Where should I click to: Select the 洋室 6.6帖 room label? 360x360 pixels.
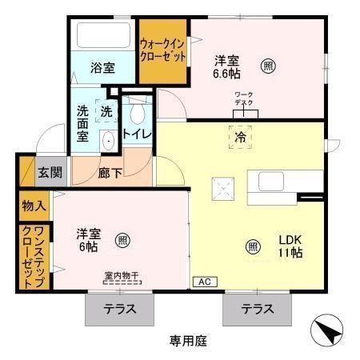click(226, 66)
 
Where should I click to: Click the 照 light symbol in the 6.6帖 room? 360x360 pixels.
click(268, 65)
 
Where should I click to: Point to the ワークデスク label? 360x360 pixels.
click(244, 99)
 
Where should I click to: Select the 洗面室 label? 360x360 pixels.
click(82, 124)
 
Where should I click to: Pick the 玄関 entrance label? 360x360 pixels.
click(50, 171)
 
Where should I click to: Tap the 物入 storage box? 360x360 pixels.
click(33, 206)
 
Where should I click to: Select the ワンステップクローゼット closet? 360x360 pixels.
click(32, 258)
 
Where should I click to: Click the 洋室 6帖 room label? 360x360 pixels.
click(88, 240)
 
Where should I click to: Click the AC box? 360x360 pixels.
click(203, 282)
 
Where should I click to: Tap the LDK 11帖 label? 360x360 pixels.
click(290, 246)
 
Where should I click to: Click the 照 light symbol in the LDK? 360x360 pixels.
click(252, 246)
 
